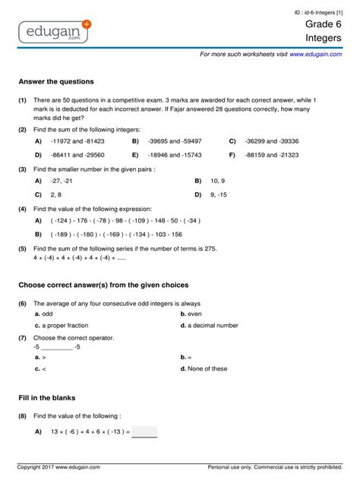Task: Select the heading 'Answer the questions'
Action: click(56, 81)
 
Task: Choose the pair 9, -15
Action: click(219, 195)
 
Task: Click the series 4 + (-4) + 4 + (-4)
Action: click(76, 259)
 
